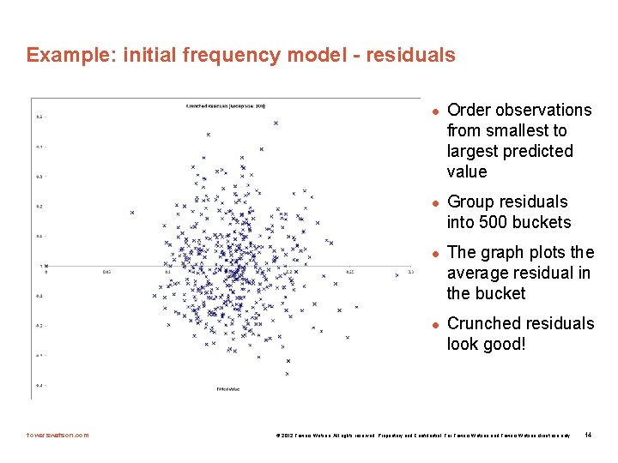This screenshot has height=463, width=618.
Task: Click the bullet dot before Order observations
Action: click(x=435, y=111)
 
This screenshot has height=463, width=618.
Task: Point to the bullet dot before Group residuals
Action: click(x=435, y=202)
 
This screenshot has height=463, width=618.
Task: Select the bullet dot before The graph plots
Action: click(x=435, y=253)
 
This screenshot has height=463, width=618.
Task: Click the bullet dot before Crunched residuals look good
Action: click(x=435, y=324)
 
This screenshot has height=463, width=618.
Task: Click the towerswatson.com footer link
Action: click(x=58, y=435)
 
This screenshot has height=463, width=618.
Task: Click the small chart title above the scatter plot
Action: click(x=226, y=105)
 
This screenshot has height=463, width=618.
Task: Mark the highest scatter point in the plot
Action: click(x=276, y=123)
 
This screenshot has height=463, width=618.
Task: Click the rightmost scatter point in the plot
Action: click(x=397, y=274)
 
